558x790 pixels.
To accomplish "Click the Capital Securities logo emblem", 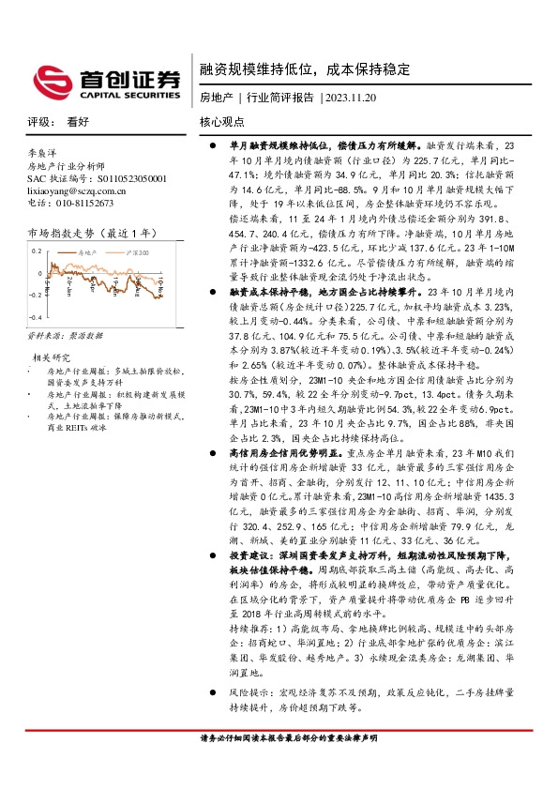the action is [48, 79].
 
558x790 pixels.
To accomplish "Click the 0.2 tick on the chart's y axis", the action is [37, 251].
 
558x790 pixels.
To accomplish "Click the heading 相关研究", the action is [52, 357].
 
